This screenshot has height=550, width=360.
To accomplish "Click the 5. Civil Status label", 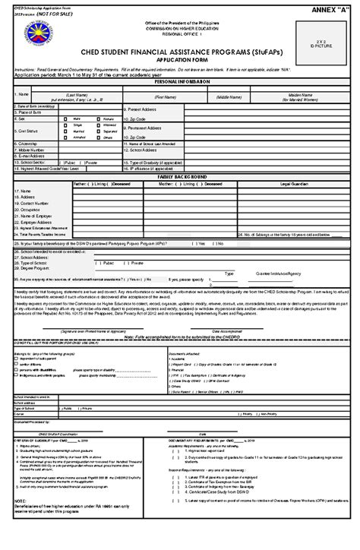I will (25, 130).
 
